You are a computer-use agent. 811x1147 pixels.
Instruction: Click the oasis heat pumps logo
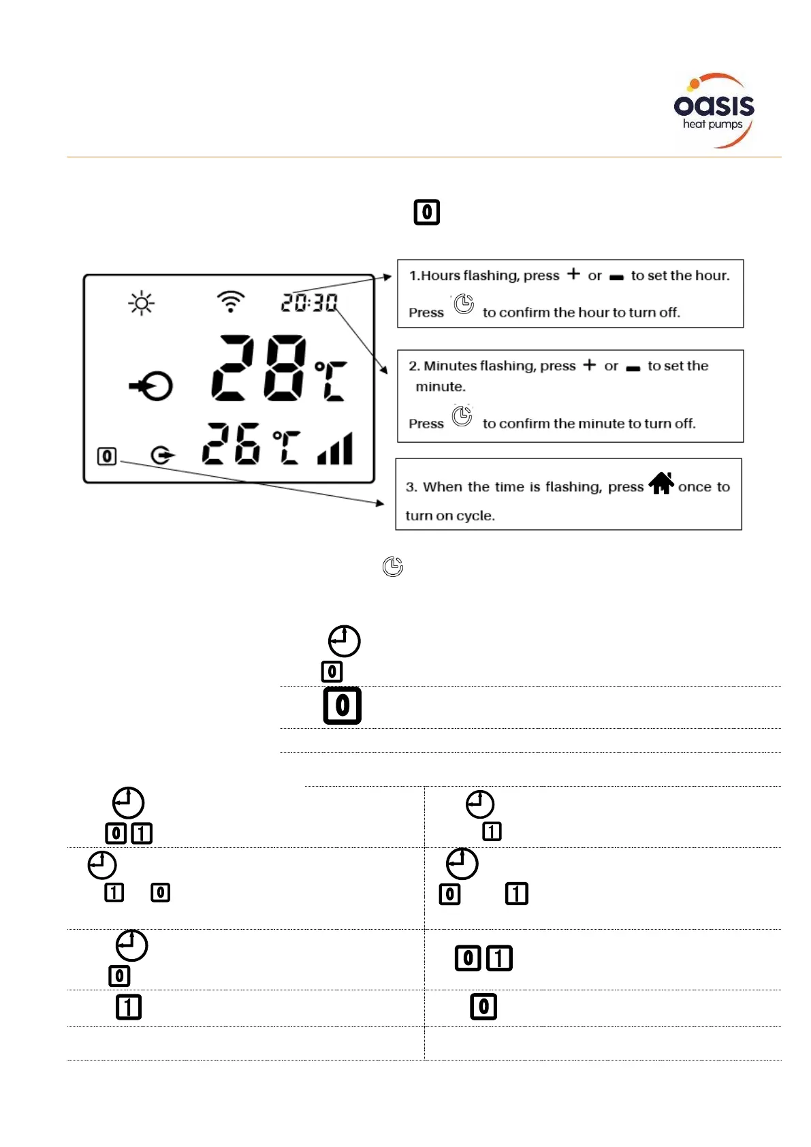click(x=714, y=111)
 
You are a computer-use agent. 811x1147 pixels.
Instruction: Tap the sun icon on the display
click(x=142, y=303)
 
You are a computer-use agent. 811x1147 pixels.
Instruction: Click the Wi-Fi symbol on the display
click(x=231, y=301)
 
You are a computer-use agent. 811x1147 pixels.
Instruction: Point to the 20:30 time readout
click(x=309, y=302)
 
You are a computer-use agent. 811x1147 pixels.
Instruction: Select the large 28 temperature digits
click(x=259, y=367)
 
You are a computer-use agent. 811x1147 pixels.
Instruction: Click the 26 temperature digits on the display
click(x=231, y=443)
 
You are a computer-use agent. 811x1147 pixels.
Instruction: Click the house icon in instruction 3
click(x=661, y=484)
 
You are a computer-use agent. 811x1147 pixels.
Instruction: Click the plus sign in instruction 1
click(x=574, y=274)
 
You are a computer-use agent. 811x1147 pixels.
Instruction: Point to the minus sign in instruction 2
click(x=633, y=368)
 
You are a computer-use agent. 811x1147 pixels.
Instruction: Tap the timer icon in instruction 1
click(x=464, y=304)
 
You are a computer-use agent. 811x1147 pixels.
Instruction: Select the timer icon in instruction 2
click(x=462, y=415)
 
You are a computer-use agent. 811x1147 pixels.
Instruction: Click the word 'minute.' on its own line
click(x=441, y=387)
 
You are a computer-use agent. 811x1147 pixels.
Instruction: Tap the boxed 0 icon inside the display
click(x=107, y=456)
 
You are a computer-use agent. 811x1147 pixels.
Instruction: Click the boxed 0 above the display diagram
click(x=427, y=212)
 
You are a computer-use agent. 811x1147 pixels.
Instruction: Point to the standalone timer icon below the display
click(x=393, y=566)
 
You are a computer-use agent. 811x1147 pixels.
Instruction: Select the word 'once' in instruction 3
click(x=695, y=487)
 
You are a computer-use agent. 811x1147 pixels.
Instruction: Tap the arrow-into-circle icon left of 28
click(x=152, y=387)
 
